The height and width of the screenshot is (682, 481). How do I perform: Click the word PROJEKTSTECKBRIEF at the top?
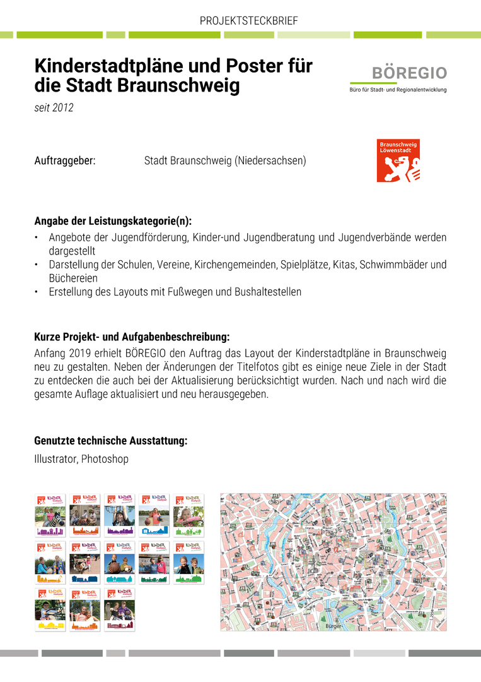pos(248,21)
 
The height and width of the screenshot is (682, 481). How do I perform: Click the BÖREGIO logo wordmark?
pos(409,73)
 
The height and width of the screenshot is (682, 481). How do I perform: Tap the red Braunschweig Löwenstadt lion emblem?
pos(398,161)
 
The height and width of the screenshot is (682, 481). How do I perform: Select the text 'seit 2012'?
pos(54,108)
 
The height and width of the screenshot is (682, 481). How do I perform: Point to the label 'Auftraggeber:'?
pos(65,161)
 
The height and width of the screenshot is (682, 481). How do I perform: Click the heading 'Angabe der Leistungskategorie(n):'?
pos(113,222)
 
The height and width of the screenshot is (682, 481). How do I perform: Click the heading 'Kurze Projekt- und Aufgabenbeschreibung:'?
pos(132,337)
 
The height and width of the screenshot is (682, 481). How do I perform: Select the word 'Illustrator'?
pos(55,459)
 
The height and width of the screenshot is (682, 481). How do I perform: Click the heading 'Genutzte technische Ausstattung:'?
pos(110,441)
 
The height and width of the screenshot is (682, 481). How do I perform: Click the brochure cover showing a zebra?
pos(50,515)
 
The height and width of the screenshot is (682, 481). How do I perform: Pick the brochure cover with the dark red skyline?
pos(119,609)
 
